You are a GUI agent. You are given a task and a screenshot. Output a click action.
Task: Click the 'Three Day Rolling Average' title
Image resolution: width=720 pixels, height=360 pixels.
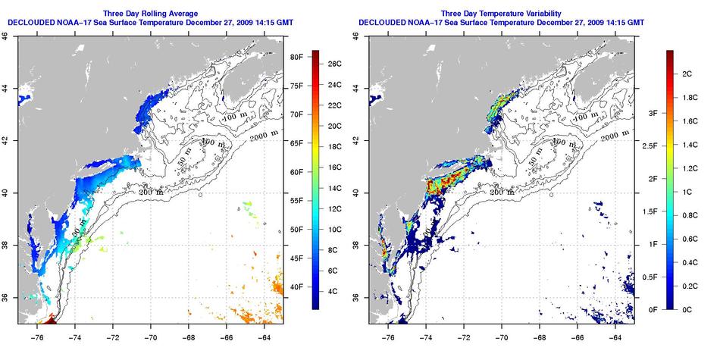pos(156,13)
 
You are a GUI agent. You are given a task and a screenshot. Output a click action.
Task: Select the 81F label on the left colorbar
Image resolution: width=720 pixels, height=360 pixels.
pos(296,57)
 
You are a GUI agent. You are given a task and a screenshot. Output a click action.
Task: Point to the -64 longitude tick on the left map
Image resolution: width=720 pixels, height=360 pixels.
pos(265,337)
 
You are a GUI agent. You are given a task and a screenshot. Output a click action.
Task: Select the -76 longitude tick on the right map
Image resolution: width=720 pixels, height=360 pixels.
pos(389,337)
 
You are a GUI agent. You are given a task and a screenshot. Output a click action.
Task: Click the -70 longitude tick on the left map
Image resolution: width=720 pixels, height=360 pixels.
pos(151,337)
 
